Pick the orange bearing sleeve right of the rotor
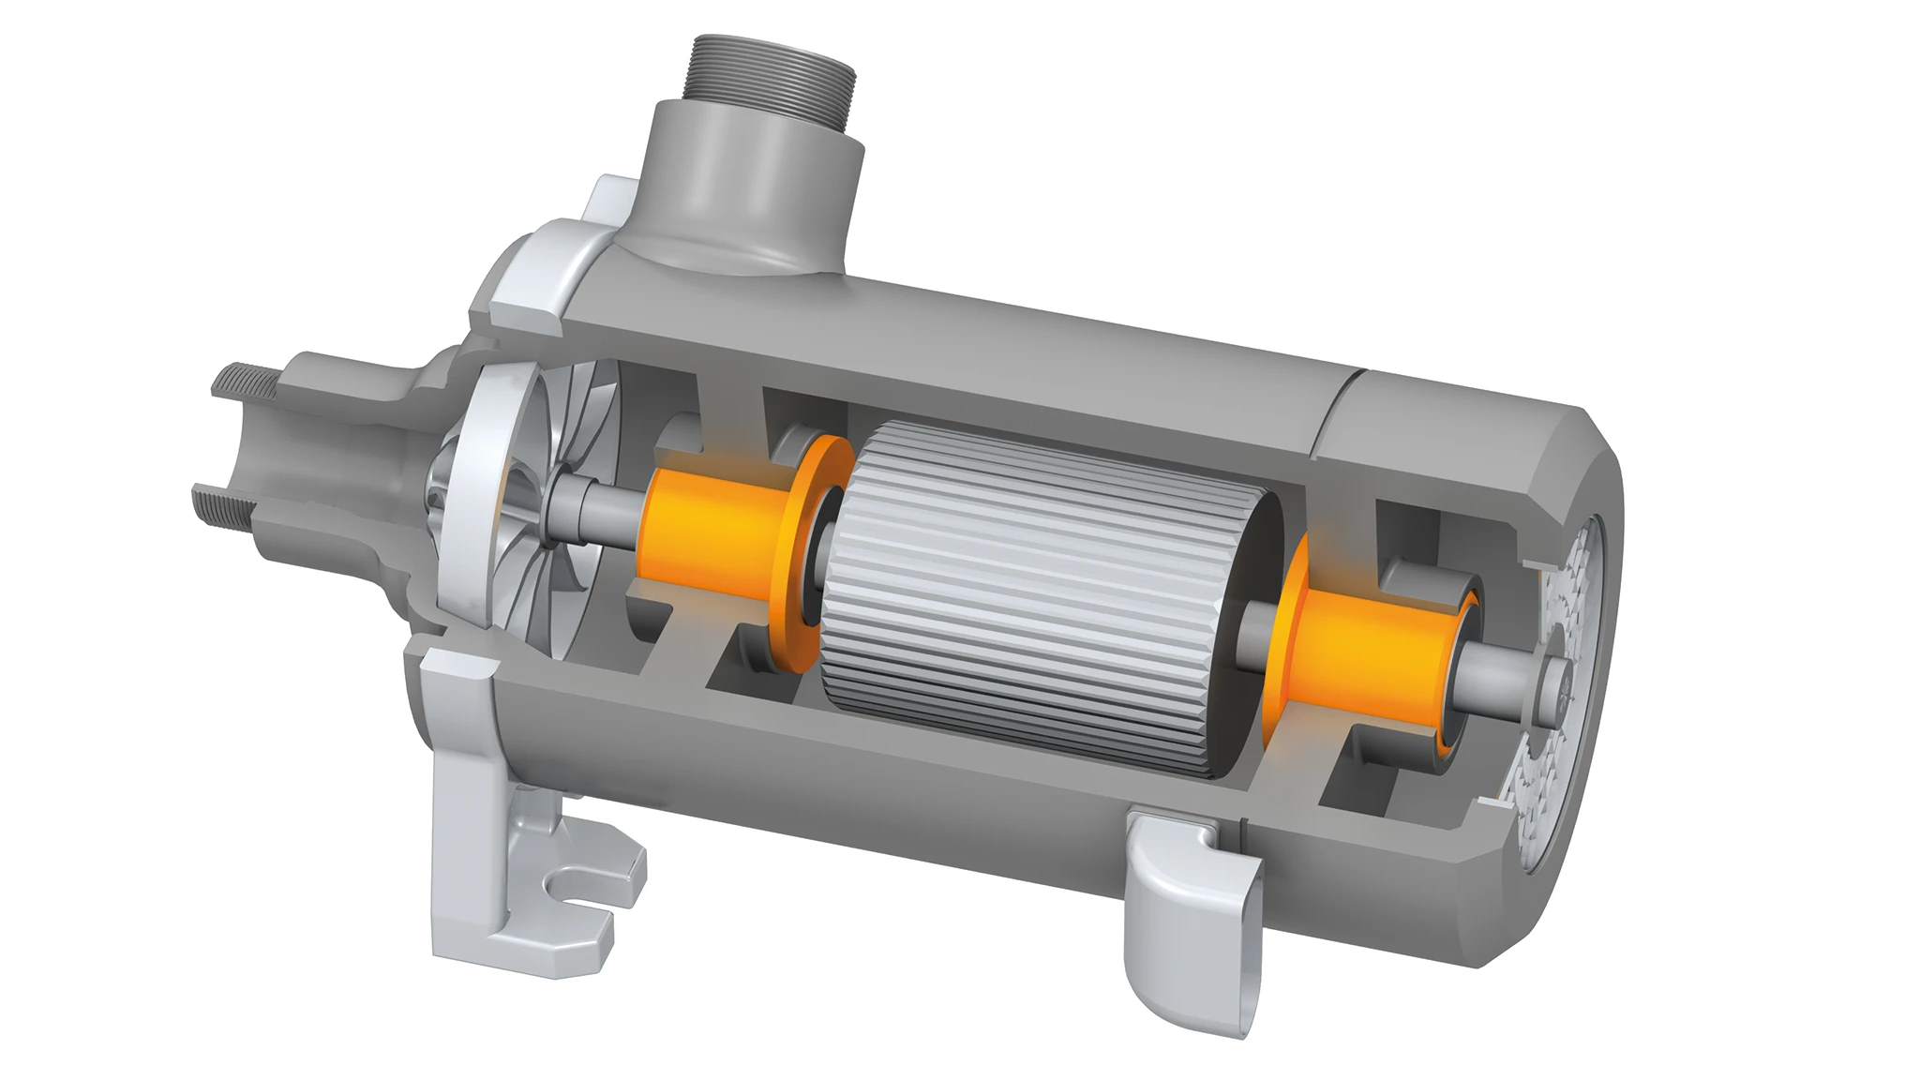click(1369, 656)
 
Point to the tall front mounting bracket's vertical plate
click(459, 797)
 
